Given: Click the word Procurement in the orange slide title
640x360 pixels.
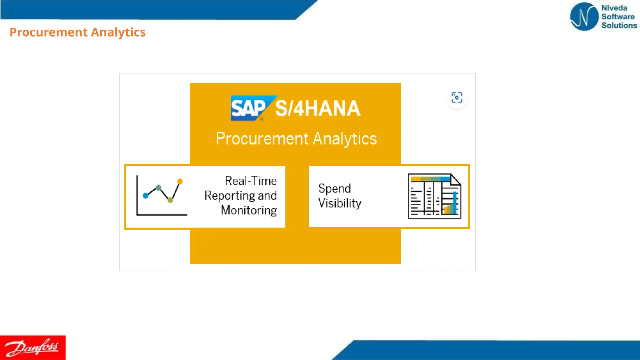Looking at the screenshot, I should (48, 32).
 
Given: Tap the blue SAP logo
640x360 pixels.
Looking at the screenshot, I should (248, 108).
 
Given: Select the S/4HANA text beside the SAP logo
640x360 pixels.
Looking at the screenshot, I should (317, 108).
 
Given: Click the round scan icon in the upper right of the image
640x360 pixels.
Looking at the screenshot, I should (457, 98).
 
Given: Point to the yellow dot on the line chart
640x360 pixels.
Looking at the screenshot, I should (180, 181).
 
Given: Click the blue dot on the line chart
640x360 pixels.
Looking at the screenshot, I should (145, 196).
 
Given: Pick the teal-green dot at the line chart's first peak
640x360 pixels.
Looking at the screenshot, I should (158, 187).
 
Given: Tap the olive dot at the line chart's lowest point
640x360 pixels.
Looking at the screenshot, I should (170, 200).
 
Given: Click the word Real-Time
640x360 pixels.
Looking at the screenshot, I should (251, 181).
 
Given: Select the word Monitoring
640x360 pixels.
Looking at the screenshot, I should (249, 210).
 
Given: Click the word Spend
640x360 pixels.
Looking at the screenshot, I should (334, 189).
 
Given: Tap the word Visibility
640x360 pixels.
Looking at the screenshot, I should (340, 203).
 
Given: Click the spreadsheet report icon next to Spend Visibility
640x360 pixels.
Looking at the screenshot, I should (434, 196).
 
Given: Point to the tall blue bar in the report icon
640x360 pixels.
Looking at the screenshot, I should (455, 202).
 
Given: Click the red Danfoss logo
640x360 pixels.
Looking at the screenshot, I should (32, 347).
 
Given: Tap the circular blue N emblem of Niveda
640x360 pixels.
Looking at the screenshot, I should (584, 17).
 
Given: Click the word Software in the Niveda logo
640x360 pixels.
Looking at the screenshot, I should (618, 17).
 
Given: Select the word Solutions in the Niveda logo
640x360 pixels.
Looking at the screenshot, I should (619, 25).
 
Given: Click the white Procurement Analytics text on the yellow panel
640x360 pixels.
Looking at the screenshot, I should (296, 139).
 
